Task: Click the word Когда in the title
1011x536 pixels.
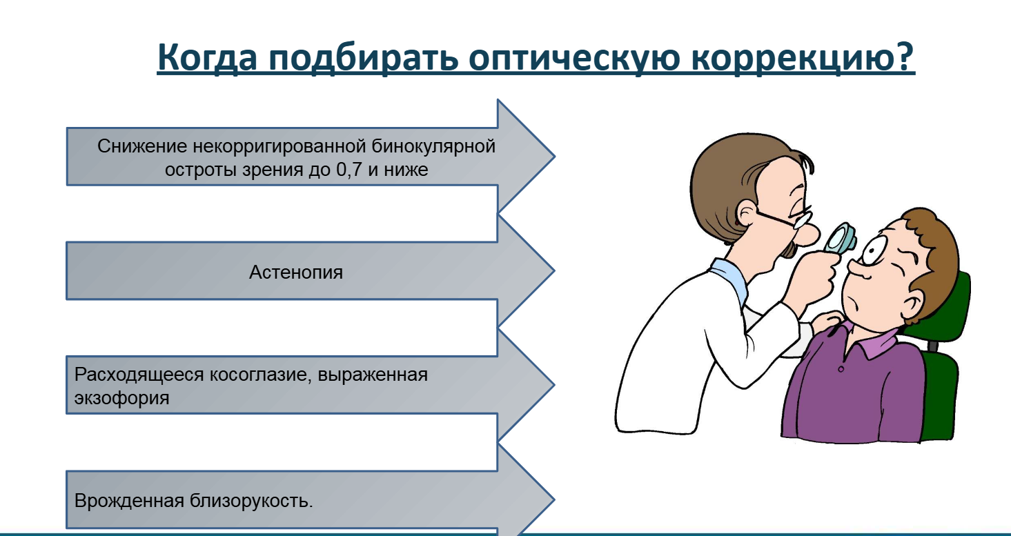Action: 207,57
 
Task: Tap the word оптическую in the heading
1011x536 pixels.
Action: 574,59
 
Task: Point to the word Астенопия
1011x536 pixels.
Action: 296,272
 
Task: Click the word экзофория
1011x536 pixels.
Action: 121,399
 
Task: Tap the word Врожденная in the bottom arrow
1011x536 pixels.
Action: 129,500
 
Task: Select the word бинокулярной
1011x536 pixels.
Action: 433,147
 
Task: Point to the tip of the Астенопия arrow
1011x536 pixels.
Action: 554,270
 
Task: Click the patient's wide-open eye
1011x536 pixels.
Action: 874,251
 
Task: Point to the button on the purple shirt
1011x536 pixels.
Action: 841,369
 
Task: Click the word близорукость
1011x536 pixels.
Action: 251,501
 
